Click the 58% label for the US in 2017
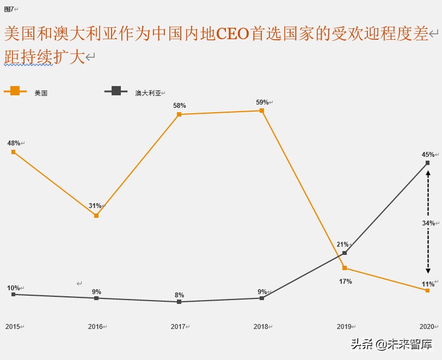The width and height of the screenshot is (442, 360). [179, 106]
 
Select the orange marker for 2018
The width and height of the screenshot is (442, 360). [262, 111]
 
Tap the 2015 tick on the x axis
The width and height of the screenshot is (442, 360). [13, 327]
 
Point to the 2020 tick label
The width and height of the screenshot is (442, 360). [426, 327]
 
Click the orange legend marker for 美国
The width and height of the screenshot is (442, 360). [15, 91]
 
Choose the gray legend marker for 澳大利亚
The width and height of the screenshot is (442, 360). [116, 91]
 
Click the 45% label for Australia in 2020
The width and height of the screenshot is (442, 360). [428, 155]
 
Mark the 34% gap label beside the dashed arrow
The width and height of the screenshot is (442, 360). [428, 223]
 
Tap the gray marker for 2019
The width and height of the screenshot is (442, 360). [345, 253]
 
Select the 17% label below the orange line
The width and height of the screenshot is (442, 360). [345, 282]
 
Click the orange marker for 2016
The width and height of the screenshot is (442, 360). [96, 216]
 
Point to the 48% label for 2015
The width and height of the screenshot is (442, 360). [14, 143]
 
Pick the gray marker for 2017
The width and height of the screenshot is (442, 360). [179, 302]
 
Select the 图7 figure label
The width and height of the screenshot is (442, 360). [9, 9]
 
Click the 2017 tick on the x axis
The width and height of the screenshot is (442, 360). [178, 327]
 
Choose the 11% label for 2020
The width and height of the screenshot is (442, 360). [428, 284]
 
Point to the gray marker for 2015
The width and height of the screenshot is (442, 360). [14, 294]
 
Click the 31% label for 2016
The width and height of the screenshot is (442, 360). [95, 206]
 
